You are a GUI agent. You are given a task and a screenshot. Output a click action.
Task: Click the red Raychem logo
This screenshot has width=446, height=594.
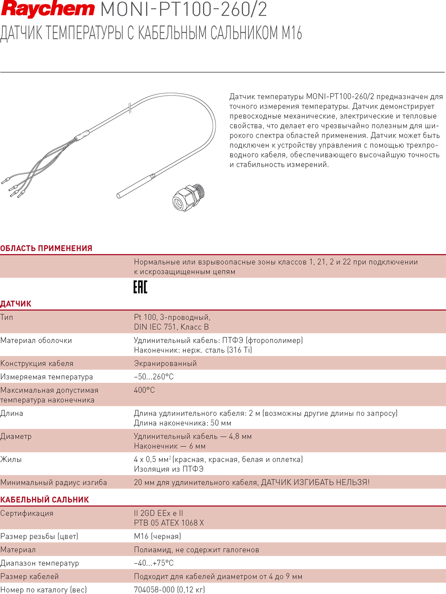pos(48,10)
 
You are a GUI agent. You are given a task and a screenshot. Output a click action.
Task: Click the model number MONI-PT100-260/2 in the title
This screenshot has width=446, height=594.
pos(184,10)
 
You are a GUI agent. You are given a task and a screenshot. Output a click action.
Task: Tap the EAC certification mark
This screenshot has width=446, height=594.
pos(140,287)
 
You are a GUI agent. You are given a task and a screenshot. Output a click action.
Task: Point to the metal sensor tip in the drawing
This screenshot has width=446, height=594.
pos(133,187)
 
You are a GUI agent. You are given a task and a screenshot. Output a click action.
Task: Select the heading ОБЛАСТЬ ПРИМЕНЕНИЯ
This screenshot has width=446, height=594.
pos(46,248)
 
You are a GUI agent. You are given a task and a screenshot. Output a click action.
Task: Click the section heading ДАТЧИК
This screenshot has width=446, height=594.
pos(16,304)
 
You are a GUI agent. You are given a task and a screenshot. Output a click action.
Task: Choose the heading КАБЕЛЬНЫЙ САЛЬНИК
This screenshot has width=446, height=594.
pos(44,500)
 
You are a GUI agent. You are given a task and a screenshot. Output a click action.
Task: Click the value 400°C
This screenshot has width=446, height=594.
pos(144,390)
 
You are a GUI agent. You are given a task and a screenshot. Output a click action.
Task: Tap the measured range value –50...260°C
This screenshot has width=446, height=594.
pos(154,377)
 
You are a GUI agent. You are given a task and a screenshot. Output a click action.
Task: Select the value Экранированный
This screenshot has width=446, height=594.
pos(165,364)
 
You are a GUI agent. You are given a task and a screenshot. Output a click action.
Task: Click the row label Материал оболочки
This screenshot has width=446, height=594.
pos(36,341)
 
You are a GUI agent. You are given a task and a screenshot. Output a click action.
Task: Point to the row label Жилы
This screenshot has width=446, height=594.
pos(11,459)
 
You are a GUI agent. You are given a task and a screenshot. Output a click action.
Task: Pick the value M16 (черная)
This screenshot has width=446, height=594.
pos(157,536)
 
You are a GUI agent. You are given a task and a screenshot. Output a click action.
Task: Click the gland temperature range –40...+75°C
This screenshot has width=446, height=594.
pos(154,563)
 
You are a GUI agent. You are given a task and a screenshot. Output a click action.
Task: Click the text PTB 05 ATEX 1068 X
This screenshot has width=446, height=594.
pos(169,523)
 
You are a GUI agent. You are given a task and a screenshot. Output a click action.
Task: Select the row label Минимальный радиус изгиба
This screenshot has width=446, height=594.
pos(54,483)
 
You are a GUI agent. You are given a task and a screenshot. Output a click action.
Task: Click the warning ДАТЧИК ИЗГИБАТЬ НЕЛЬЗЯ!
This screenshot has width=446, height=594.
pos(315,483)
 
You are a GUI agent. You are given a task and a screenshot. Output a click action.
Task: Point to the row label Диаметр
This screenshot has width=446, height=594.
pos(16,436)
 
